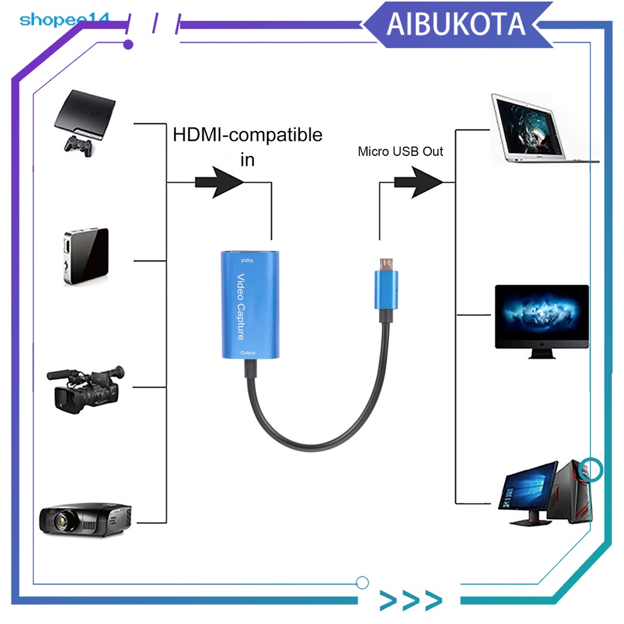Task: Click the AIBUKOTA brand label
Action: coord(456,24)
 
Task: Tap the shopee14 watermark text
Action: coord(64,19)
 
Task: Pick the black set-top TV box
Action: coord(86,255)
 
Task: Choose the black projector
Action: coord(85,519)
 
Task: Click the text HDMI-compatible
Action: coord(247,134)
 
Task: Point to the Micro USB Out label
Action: coord(400,151)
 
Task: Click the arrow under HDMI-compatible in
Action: coord(219,182)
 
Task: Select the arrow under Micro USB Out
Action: coord(419,182)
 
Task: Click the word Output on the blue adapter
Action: coord(248,353)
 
